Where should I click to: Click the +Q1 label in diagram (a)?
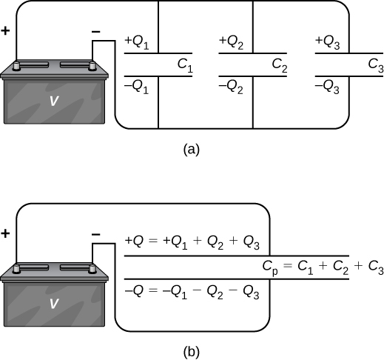[138, 42]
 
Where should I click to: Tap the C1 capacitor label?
[185, 65]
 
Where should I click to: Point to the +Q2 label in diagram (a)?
[232, 42]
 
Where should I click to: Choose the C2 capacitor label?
[280, 65]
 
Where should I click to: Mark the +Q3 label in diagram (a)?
[328, 42]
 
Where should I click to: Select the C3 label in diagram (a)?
[375, 65]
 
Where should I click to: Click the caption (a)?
[191, 149]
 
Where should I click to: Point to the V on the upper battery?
[53, 102]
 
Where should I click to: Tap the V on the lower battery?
[53, 304]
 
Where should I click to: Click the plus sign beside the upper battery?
[6, 32]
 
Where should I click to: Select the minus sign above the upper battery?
[95, 32]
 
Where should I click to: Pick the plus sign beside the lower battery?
[6, 233]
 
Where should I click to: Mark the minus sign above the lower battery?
[95, 234]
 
